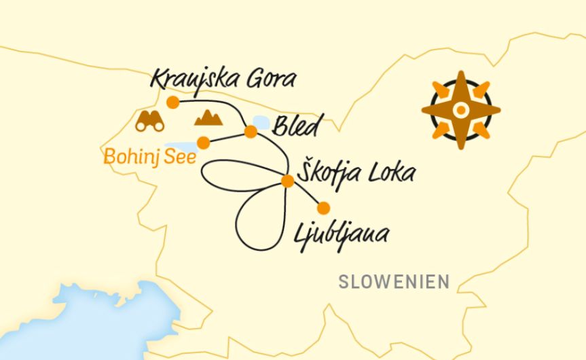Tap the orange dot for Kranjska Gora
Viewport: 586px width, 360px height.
173,103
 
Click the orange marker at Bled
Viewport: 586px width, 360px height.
251,132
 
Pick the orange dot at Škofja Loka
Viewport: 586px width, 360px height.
287,181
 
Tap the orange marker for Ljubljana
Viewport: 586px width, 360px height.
324,208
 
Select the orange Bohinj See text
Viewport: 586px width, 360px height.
149,158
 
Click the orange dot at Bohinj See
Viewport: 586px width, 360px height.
203,142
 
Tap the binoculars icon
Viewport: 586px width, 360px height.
149,121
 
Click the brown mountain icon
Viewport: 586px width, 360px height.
208,118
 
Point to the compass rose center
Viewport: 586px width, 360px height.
460,109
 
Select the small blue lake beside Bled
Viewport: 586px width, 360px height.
260,122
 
